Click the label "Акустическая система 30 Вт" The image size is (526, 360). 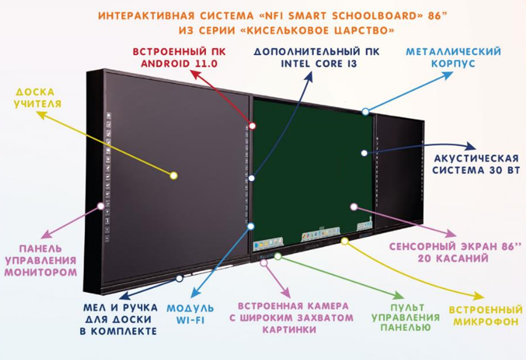tap(476, 164)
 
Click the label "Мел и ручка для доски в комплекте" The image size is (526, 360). tap(119, 318)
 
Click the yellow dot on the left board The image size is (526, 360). tap(174, 176)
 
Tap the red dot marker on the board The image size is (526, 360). tap(252, 126)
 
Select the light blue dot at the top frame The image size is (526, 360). tap(365, 111)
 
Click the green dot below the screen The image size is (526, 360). tap(277, 256)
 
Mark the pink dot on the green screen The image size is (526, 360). tap(353, 207)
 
